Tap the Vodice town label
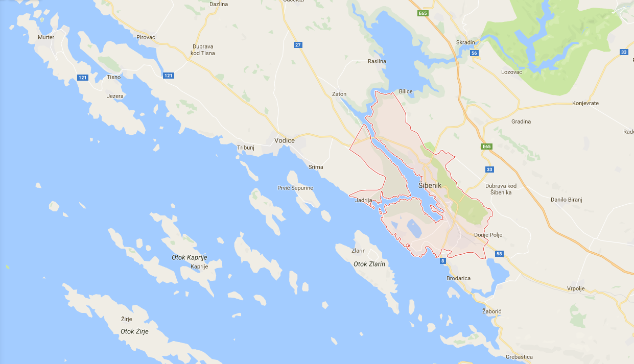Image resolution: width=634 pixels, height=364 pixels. click(x=285, y=140)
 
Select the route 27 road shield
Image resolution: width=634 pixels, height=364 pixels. click(x=298, y=45)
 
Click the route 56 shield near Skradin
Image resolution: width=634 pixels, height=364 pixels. click(x=475, y=53)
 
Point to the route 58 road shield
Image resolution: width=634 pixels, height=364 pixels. click(x=500, y=254)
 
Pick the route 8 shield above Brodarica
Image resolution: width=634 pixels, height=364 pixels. click(x=442, y=261)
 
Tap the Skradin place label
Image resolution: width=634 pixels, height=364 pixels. click(x=465, y=42)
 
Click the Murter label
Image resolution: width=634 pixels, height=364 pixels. click(x=46, y=37)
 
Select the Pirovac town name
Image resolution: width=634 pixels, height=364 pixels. click(x=146, y=37)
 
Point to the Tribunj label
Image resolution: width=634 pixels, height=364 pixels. click(x=246, y=148)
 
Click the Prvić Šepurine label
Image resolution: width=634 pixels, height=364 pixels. click(x=295, y=188)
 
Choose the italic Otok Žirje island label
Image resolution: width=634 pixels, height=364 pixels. click(x=134, y=331)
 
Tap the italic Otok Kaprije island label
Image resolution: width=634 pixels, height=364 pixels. click(x=189, y=258)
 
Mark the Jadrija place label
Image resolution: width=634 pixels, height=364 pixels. click(x=363, y=200)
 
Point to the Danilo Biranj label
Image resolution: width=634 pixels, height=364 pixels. click(x=568, y=200)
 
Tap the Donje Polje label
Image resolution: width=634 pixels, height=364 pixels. click(x=488, y=235)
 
